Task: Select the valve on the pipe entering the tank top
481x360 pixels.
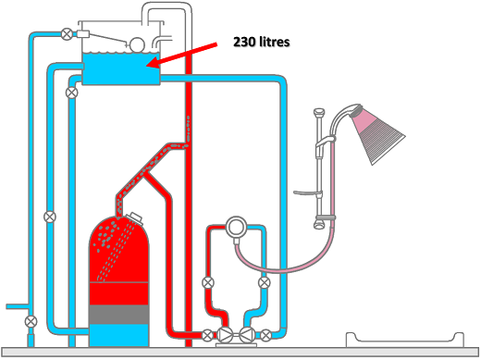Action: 67,35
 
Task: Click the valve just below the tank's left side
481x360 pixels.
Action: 71,93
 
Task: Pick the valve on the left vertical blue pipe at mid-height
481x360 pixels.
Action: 49,217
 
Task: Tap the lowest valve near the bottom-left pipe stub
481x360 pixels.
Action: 31,321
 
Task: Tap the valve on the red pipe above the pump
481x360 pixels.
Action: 208,282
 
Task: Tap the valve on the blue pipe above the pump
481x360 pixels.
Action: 265,282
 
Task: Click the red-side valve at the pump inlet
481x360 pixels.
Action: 208,335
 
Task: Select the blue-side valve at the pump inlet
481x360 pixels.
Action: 266,335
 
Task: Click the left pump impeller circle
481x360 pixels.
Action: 228,335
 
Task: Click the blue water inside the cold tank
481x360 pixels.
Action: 121,70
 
